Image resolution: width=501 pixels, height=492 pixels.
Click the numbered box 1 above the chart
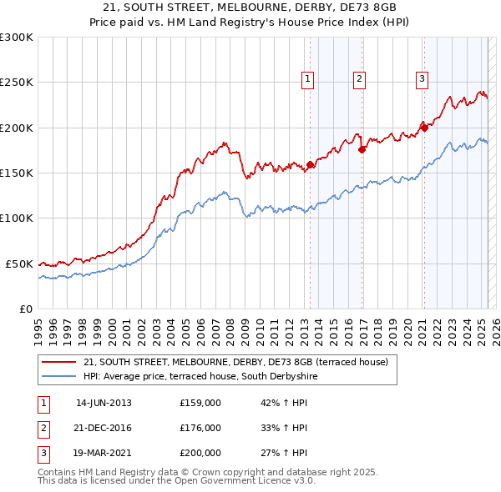[x=308, y=79]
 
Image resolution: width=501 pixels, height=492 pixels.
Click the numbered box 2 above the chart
[x=359, y=79]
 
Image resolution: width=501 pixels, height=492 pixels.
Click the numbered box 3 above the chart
[x=422, y=79]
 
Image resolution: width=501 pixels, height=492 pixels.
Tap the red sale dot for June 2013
[x=310, y=165]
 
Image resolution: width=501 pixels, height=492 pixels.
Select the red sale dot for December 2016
[x=362, y=150]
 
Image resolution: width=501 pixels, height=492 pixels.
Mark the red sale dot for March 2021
[x=423, y=128]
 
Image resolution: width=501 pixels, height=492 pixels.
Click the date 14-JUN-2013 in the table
[x=104, y=403]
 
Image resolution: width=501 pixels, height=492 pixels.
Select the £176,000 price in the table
[x=200, y=428]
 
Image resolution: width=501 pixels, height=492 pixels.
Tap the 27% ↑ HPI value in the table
[x=284, y=454]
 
